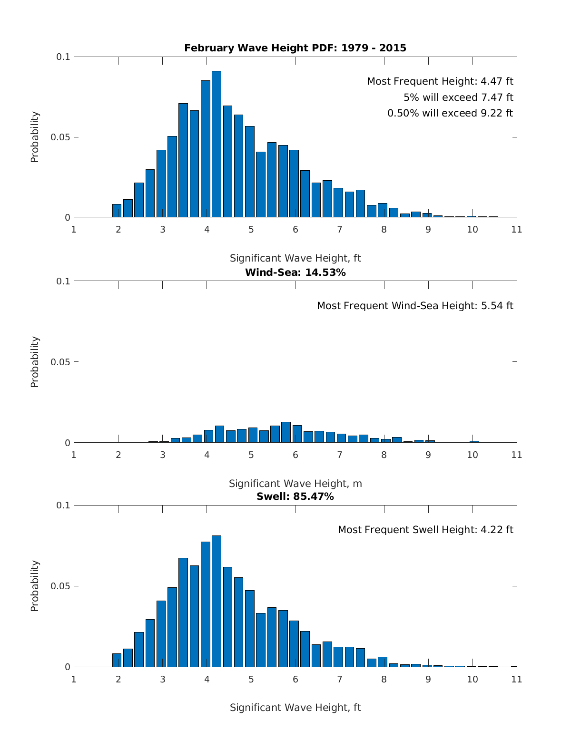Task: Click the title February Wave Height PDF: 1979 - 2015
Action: tap(295, 48)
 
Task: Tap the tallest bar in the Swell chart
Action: tap(217, 601)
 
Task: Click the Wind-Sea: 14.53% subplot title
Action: tap(295, 272)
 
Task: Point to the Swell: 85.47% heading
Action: tap(295, 496)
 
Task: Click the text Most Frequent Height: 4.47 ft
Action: tap(440, 81)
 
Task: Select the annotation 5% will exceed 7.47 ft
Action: tap(458, 97)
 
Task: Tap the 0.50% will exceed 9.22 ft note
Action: tap(450, 113)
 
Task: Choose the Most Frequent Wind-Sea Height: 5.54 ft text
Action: tap(415, 306)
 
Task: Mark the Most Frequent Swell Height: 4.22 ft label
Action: tap(425, 530)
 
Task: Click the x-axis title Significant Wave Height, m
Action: tap(295, 484)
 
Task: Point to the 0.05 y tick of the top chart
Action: tap(60, 137)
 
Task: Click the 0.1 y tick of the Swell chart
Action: tap(63, 505)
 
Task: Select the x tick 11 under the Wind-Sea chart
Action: tap(517, 455)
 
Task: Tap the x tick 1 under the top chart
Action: tap(74, 230)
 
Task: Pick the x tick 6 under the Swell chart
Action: tap(295, 679)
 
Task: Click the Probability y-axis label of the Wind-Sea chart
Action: tap(35, 362)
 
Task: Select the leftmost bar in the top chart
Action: tap(117, 211)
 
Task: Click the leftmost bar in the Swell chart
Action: tap(117, 660)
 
